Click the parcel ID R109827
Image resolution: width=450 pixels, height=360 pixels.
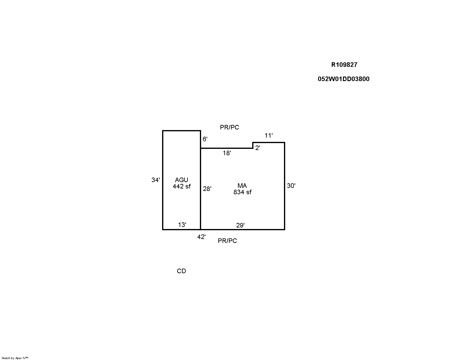[x=344, y=65]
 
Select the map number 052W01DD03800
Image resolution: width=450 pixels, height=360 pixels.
[x=344, y=79]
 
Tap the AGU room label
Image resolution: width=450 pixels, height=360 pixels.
[x=181, y=180]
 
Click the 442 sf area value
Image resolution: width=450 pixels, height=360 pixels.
[x=181, y=186]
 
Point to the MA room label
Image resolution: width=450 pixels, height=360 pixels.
[x=242, y=185]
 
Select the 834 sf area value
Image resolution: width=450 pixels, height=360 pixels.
[x=242, y=192]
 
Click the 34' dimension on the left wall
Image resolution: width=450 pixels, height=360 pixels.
[x=155, y=180]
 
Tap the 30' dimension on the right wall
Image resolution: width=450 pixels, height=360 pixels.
[x=291, y=185]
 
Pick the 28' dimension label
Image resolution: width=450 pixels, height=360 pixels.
[x=207, y=189]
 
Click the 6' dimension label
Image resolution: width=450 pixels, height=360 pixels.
[x=205, y=139]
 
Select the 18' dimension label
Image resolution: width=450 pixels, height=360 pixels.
[x=227, y=153]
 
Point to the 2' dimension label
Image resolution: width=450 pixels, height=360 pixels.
[x=257, y=148]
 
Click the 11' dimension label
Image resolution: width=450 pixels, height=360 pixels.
[x=269, y=136]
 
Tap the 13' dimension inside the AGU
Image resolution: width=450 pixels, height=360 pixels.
[x=182, y=225]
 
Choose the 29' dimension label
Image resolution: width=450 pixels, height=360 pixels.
[x=240, y=225]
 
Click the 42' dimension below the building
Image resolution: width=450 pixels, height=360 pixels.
[x=201, y=237]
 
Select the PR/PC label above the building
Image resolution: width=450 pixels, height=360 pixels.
[x=230, y=127]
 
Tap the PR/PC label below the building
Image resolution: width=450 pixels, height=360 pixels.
[x=227, y=241]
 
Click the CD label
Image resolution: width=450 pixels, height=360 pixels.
[x=181, y=271]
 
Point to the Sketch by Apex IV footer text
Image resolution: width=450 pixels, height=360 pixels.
[x=15, y=358]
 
